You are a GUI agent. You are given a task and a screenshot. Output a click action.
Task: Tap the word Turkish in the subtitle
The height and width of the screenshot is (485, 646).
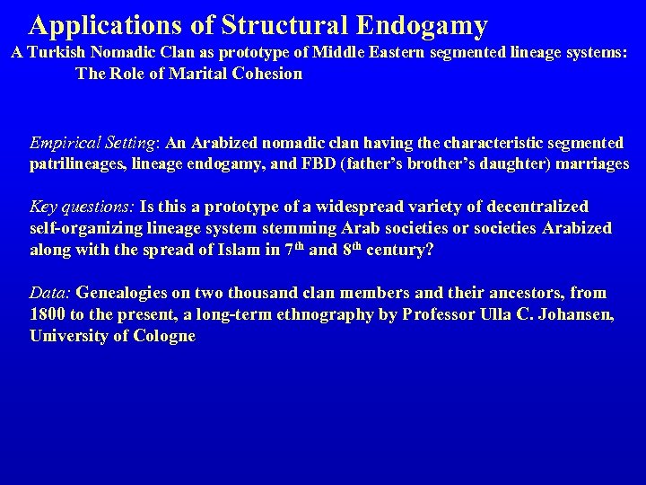(60, 54)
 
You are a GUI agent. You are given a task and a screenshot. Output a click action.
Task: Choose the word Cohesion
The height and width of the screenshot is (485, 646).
(266, 74)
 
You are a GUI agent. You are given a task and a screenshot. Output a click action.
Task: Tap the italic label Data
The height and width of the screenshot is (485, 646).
(51, 293)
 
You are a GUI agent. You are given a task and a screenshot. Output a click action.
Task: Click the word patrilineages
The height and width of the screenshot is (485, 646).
(78, 163)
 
